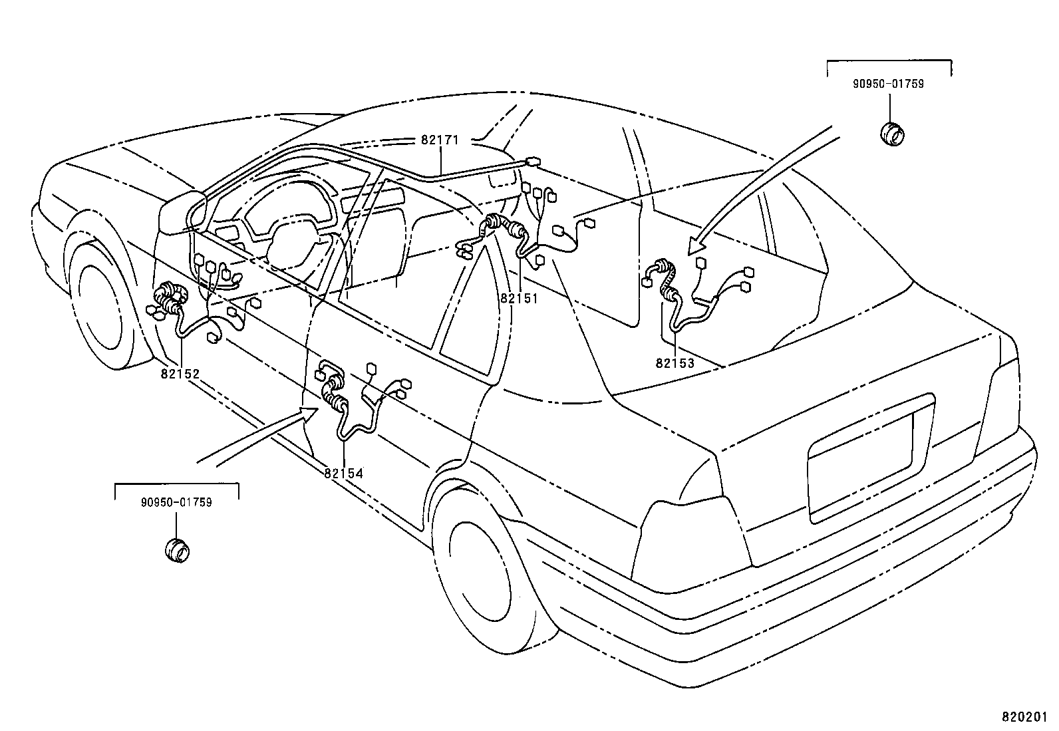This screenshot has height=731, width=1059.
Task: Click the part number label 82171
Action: coord(440,140)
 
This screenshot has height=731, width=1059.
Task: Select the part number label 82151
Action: coord(518,299)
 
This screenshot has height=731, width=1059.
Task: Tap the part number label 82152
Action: coord(180,374)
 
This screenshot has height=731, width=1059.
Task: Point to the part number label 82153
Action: coord(675,363)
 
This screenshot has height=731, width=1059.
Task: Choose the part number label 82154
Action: coord(344,473)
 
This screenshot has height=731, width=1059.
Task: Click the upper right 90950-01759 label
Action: coord(889,84)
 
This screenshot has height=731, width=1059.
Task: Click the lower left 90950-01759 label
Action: coord(176,502)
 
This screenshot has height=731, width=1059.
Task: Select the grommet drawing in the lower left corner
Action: coord(177,550)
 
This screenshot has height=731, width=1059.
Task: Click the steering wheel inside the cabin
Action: coord(293,243)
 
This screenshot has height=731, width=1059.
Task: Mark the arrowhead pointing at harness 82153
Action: coord(695,247)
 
